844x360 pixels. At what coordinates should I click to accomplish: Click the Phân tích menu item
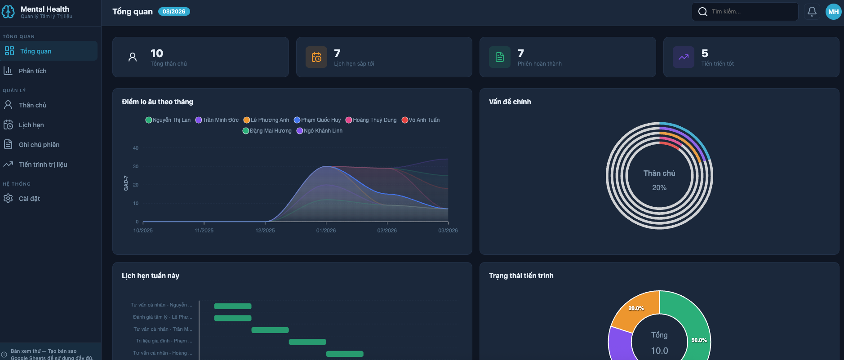pyautogui.click(x=32, y=71)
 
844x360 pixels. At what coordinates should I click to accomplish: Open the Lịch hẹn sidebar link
pyautogui.click(x=31, y=125)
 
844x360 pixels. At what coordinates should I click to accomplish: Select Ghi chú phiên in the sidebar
pyautogui.click(x=39, y=145)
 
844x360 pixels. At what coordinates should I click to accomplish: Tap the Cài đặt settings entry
pyautogui.click(x=29, y=199)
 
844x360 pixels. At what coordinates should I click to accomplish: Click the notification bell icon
pyautogui.click(x=812, y=12)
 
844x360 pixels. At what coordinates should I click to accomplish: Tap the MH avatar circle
pyautogui.click(x=833, y=12)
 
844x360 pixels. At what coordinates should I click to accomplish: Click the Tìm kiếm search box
pyautogui.click(x=746, y=12)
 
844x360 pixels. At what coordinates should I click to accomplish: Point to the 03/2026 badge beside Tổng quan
pyautogui.click(x=174, y=12)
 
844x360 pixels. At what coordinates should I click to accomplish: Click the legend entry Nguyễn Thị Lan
pyautogui.click(x=168, y=120)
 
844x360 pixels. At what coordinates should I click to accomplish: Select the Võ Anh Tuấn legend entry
pyautogui.click(x=421, y=120)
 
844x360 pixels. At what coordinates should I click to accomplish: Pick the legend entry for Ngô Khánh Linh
pyautogui.click(x=320, y=131)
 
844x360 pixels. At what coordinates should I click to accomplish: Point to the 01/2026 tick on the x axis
pyautogui.click(x=326, y=231)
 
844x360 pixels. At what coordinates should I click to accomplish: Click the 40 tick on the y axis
pyautogui.click(x=136, y=148)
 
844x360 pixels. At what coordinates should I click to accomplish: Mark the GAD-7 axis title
pyautogui.click(x=126, y=183)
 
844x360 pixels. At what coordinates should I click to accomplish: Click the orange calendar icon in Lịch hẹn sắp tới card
pyautogui.click(x=316, y=57)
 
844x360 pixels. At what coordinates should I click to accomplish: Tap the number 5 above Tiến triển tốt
pyautogui.click(x=705, y=53)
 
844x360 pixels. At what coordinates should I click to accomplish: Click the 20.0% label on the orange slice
pyautogui.click(x=636, y=308)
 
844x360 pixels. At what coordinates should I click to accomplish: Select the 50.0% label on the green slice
pyautogui.click(x=699, y=340)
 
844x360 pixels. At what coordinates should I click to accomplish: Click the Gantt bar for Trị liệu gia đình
pyautogui.click(x=307, y=342)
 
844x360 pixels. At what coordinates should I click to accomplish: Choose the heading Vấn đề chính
pyautogui.click(x=510, y=102)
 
